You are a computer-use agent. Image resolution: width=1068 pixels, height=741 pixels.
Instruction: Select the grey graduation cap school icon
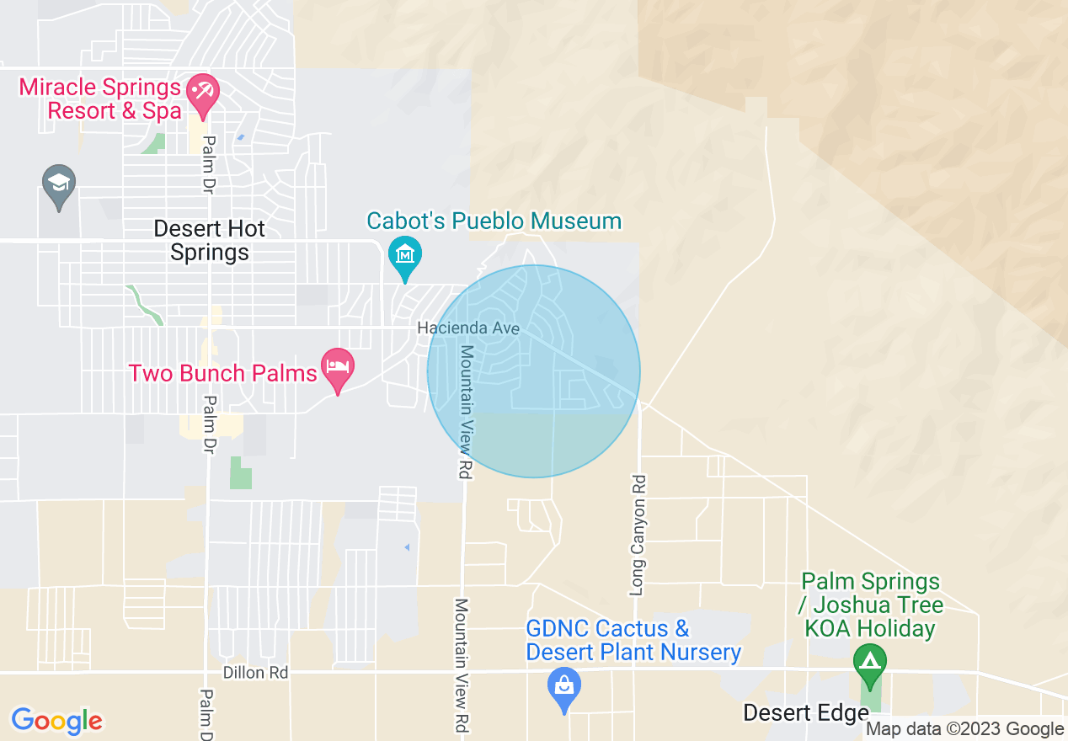[58, 185]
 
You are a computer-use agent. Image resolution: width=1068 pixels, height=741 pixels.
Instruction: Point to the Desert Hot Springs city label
[210, 240]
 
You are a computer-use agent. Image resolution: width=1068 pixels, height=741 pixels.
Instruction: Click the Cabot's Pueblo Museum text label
[494, 221]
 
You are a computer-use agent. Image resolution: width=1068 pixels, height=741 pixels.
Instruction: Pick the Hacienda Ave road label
[467, 328]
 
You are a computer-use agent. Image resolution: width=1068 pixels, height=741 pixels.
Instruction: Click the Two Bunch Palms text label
[222, 373]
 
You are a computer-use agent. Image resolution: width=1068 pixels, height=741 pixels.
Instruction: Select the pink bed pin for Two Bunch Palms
[338, 368]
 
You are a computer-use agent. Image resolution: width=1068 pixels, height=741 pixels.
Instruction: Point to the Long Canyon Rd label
[638, 535]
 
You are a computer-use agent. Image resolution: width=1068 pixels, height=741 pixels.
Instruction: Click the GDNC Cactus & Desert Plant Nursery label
[633, 640]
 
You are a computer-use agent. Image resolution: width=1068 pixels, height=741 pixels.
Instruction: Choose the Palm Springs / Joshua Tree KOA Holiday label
[870, 605]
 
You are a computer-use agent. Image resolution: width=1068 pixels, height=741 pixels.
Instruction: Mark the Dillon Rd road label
[255, 673]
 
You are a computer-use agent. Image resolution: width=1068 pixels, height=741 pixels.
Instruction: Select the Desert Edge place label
[805, 713]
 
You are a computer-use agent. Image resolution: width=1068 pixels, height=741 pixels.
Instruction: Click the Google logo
[56, 721]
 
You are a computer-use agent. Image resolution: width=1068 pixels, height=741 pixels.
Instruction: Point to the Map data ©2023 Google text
[964, 729]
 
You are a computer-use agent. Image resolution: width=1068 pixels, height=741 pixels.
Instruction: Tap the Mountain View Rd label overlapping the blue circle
[463, 413]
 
